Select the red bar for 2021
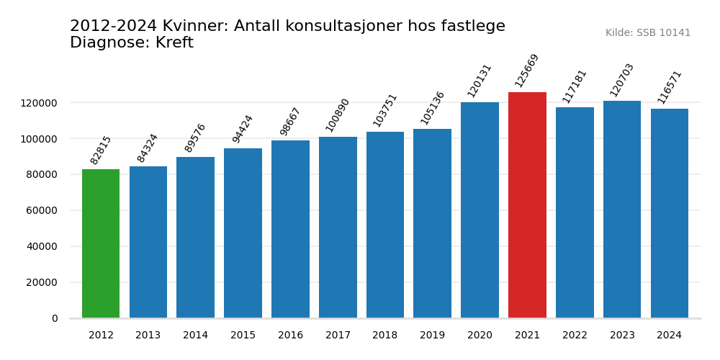click(x=527, y=205)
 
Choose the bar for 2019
click(x=432, y=223)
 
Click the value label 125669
click(x=527, y=71)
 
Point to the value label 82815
click(x=101, y=150)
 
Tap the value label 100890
click(x=338, y=115)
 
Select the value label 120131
click(x=480, y=81)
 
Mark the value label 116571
click(x=670, y=86)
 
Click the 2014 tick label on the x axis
click(x=195, y=336)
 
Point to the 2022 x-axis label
click(x=575, y=336)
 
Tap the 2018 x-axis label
click(x=385, y=336)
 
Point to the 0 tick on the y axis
click(x=55, y=318)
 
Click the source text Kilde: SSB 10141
click(x=648, y=33)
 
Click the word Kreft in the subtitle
click(x=174, y=43)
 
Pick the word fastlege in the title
click(x=471, y=27)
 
